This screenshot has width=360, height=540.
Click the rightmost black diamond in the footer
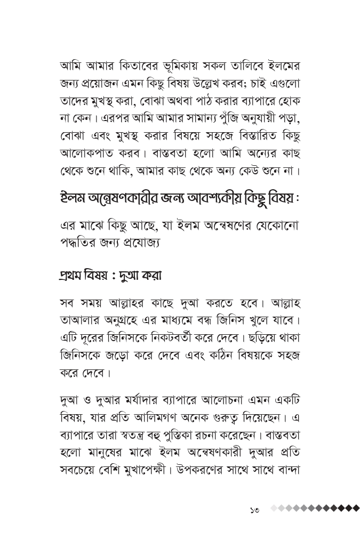click(356, 508)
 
